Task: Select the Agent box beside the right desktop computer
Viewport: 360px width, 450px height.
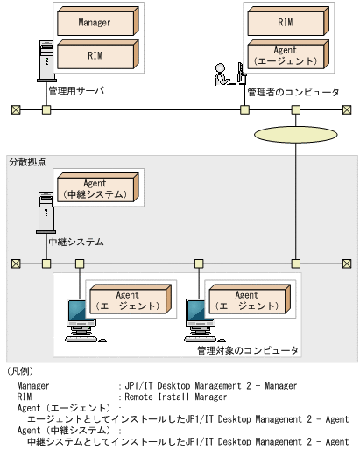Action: pyautogui.click(x=247, y=300)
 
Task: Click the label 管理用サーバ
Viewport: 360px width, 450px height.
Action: pyautogui.click(x=74, y=89)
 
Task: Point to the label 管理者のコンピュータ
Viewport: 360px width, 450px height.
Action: pyautogui.click(x=293, y=91)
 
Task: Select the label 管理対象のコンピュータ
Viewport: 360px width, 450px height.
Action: pyautogui.click(x=247, y=350)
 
